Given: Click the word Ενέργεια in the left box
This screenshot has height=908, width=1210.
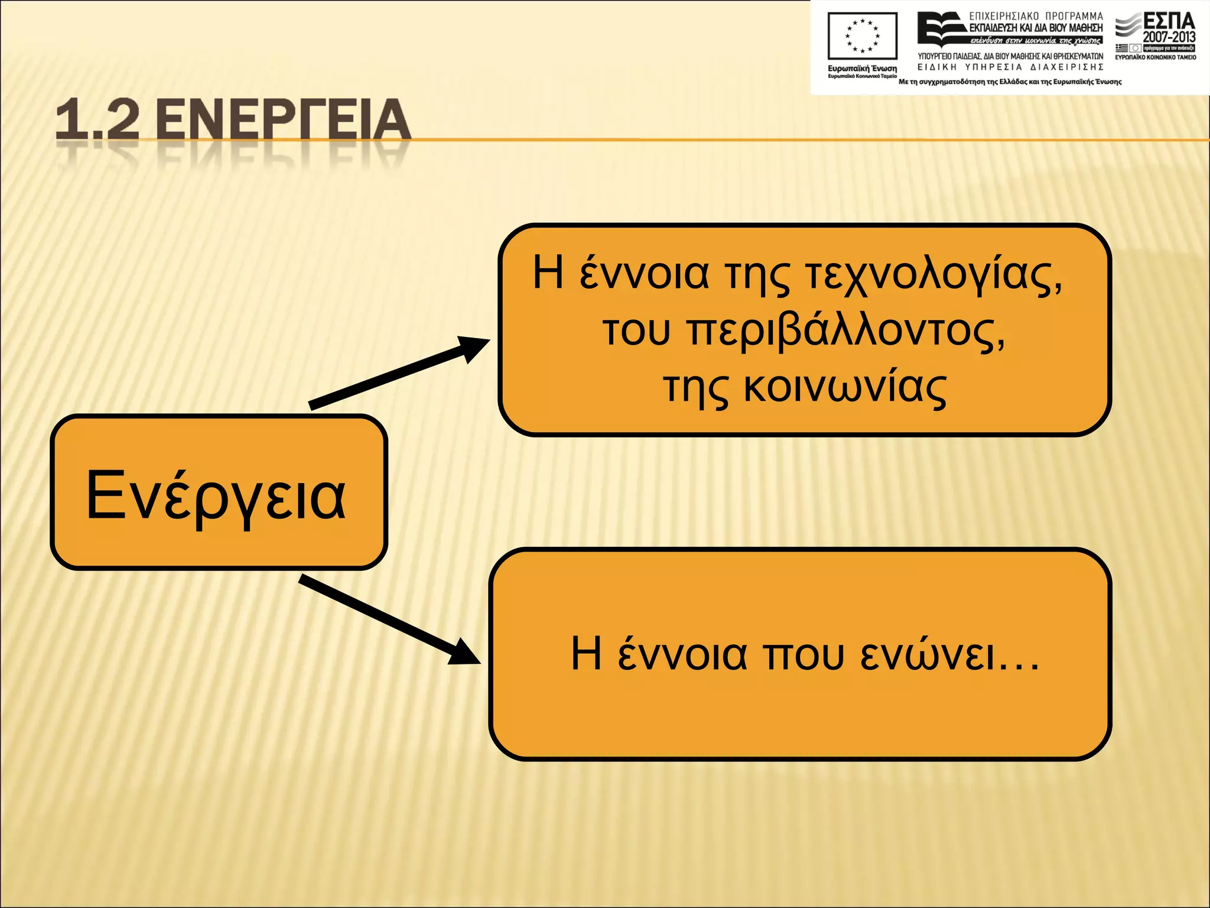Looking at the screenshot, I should coord(216,495).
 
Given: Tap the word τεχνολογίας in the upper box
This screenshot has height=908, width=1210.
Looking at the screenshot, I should coord(933,275).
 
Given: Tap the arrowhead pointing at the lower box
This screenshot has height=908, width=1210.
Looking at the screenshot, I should coord(464,653).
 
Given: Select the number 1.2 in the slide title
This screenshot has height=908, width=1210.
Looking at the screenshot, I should coord(97,120).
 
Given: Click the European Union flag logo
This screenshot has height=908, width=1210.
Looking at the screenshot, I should coord(862,35).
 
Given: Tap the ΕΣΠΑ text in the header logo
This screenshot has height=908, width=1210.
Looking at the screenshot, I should coord(1169,21).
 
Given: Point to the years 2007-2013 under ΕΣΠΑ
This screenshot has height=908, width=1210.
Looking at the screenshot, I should coord(1169,37).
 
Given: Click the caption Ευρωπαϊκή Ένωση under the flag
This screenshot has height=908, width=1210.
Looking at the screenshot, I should coord(862,69).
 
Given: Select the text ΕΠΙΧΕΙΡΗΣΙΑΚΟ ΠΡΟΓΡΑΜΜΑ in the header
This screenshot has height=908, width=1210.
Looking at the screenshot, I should coord(1036,16).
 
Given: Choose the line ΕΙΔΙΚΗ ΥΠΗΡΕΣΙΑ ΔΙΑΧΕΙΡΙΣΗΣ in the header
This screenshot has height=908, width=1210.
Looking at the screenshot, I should coord(1010,67).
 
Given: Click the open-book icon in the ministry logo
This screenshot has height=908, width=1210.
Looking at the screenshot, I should coord(941,30).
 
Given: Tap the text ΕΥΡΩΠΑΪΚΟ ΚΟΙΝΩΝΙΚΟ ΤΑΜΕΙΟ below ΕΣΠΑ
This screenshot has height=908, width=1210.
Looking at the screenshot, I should coord(1156,57).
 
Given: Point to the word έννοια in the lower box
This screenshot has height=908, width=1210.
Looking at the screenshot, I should coord(682,655).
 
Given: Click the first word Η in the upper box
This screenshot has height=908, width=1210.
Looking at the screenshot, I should coord(548,273).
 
